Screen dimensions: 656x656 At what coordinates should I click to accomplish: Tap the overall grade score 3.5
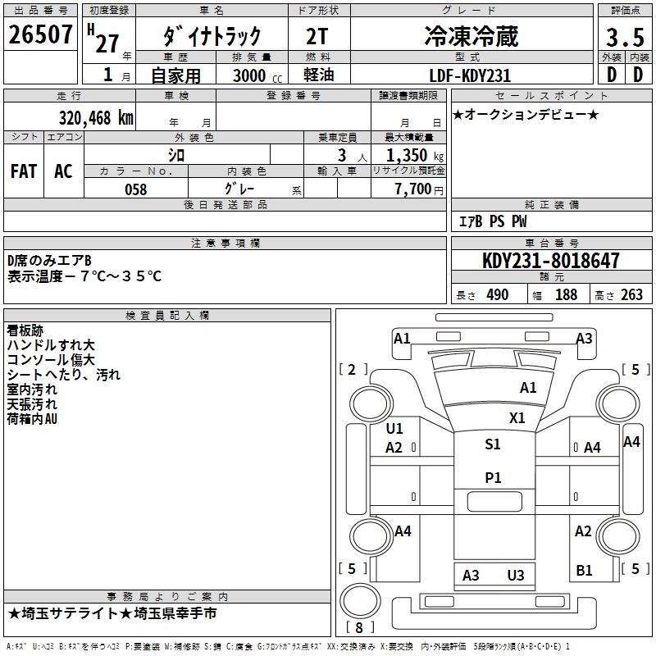click(624, 38)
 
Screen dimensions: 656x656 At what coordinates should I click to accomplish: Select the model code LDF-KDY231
click(471, 75)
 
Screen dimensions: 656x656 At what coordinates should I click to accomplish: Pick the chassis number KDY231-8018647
click(551, 261)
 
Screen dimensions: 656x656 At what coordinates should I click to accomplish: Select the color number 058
click(135, 189)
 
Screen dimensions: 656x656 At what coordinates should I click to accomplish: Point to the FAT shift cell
click(24, 171)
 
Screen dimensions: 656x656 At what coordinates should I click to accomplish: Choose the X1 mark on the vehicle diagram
click(517, 417)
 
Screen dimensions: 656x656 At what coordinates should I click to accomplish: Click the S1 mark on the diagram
click(492, 444)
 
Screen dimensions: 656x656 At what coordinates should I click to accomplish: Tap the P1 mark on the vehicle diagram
click(493, 478)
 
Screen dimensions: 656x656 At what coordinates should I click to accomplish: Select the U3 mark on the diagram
click(515, 575)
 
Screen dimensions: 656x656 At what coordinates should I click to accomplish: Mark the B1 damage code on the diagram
click(584, 571)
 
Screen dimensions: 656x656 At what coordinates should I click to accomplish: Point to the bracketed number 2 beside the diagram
click(353, 370)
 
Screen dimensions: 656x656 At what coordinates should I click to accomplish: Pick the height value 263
click(631, 295)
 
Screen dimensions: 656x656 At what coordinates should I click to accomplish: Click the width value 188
click(566, 295)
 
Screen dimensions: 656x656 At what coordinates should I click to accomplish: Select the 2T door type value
click(319, 36)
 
